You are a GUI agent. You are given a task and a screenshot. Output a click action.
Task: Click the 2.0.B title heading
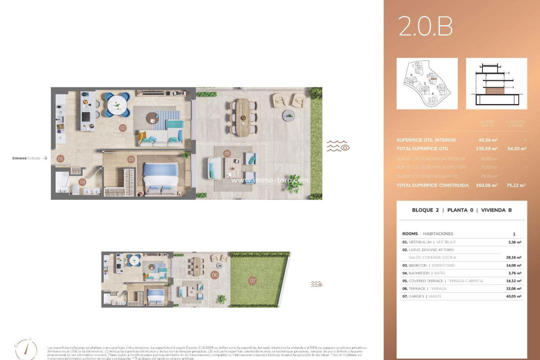click(x=425, y=27)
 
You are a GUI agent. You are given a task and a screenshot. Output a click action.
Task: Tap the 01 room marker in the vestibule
click(x=60, y=159)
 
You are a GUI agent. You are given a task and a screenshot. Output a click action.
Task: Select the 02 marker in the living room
click(x=122, y=127)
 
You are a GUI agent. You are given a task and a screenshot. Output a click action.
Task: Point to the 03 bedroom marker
click(x=131, y=159)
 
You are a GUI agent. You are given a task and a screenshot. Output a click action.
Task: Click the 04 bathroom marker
click(x=82, y=182)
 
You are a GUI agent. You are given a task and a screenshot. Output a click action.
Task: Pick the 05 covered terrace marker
click(x=227, y=153)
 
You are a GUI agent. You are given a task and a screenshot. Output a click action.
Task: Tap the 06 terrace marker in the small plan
click(x=214, y=274)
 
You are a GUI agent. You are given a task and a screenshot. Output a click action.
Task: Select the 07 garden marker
click(x=252, y=281)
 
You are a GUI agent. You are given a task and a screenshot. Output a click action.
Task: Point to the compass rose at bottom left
click(x=26, y=348)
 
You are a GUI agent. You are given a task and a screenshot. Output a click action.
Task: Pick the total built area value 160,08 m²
click(x=487, y=185)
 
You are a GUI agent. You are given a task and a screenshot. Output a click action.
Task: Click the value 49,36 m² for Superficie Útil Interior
click(x=488, y=140)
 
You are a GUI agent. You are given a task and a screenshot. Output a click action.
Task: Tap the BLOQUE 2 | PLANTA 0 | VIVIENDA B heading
click(x=461, y=210)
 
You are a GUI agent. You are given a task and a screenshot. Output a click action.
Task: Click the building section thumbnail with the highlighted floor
click(x=496, y=83)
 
